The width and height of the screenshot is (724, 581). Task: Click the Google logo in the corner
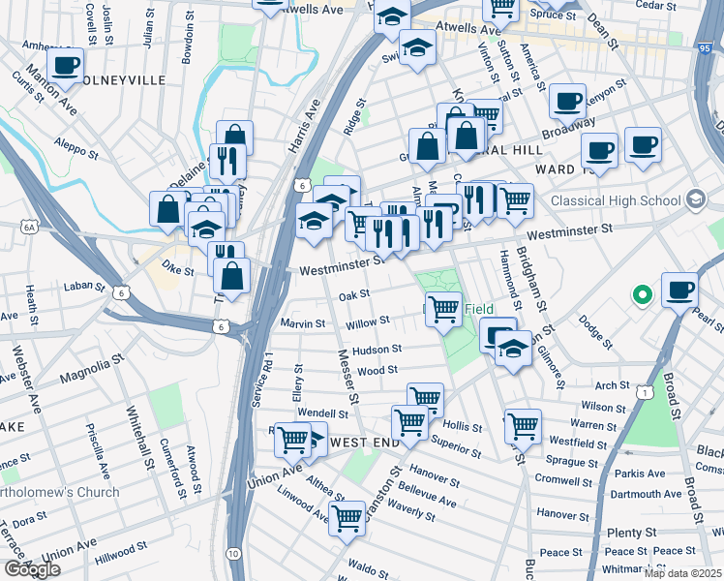pyautogui.click(x=32, y=569)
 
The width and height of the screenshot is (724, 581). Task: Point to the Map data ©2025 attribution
pyautogui.click(x=682, y=573)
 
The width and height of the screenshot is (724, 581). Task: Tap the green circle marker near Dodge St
pyautogui.click(x=640, y=294)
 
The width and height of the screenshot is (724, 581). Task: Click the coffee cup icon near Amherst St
pyautogui.click(x=65, y=66)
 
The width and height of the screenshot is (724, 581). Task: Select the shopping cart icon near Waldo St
pyautogui.click(x=347, y=517)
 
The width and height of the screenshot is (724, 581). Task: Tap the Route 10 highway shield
pyautogui.click(x=234, y=553)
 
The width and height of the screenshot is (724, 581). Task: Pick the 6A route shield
pyautogui.click(x=30, y=226)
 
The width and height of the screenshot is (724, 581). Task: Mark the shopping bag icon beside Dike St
pyautogui.click(x=232, y=275)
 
